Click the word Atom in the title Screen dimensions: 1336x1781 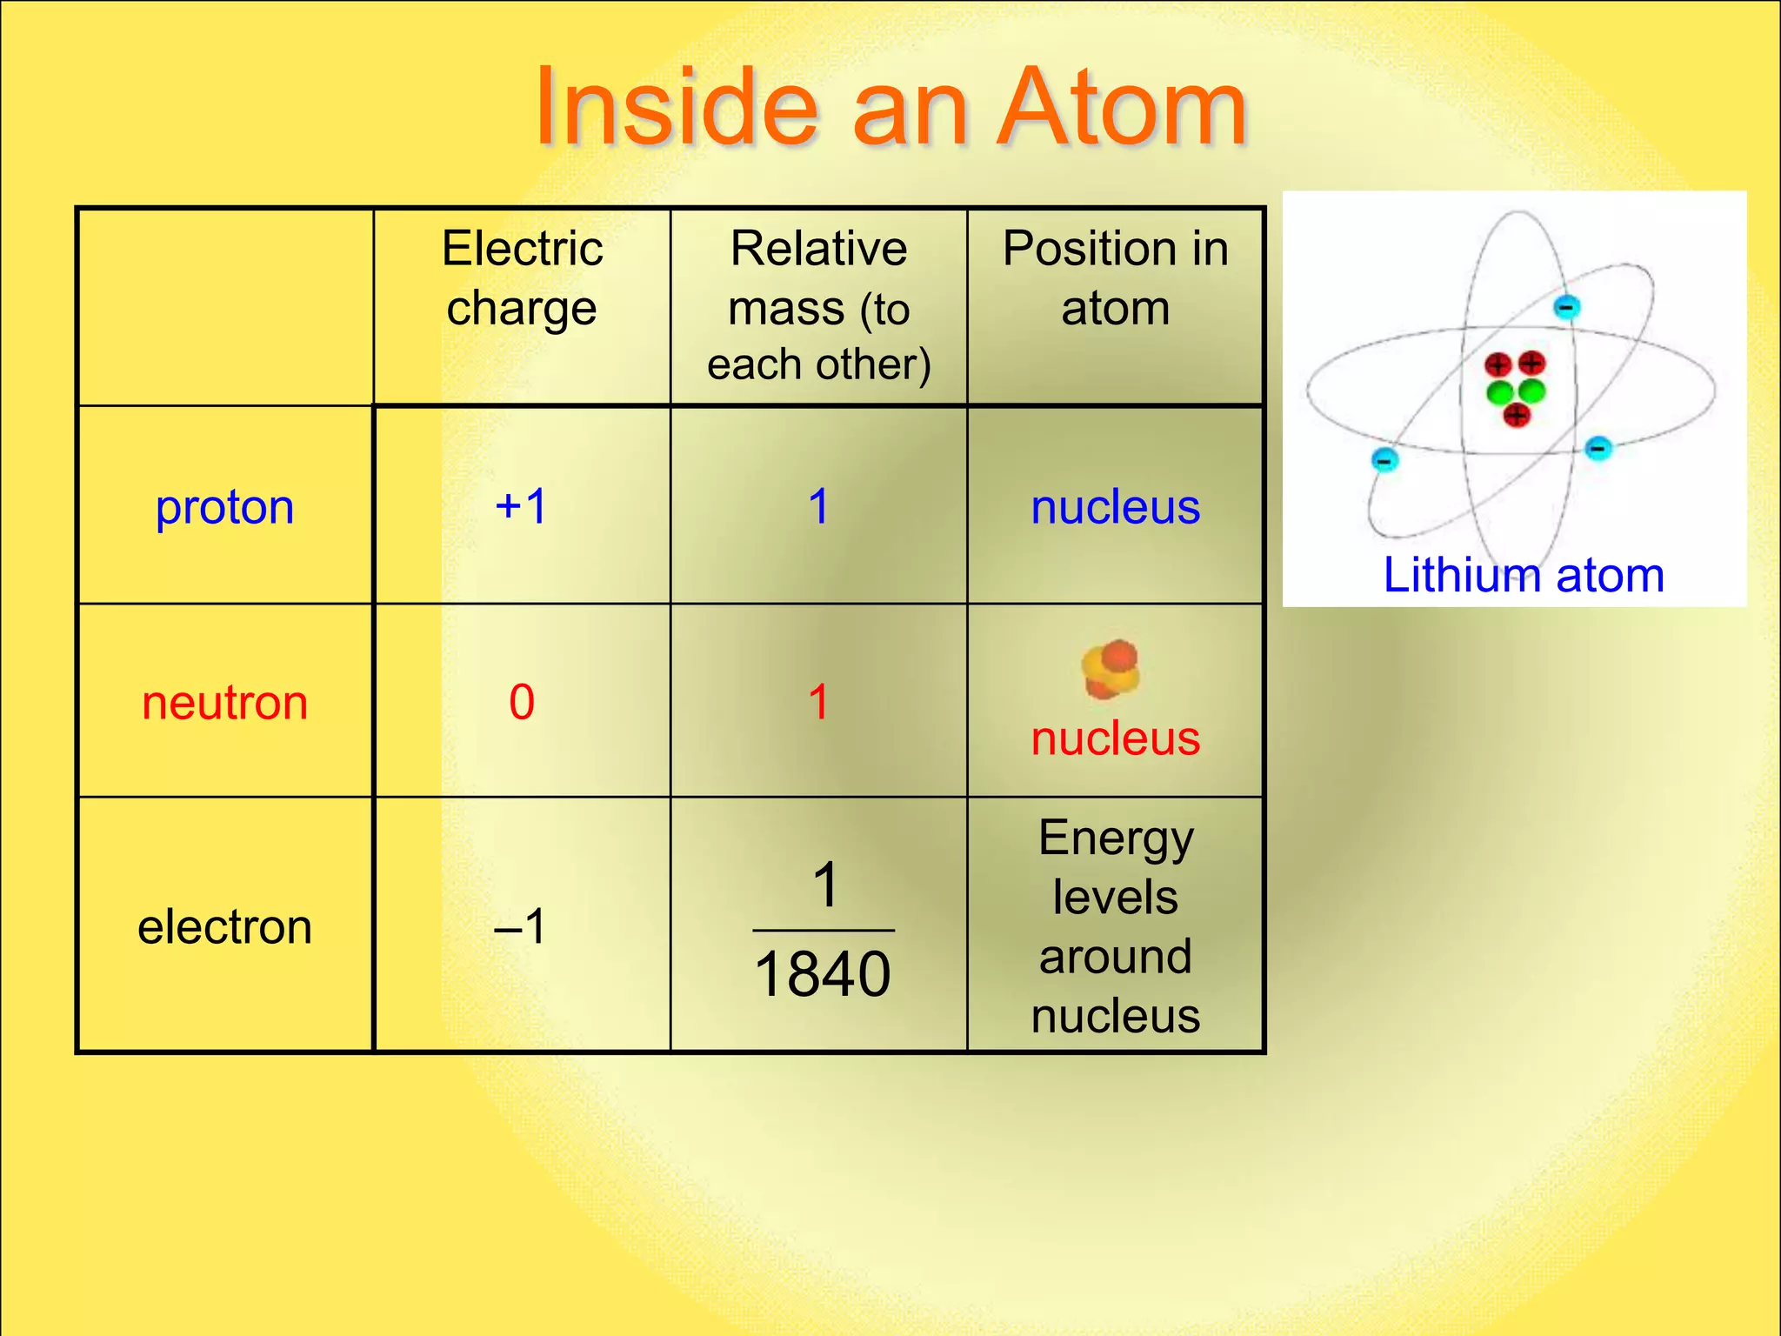[1122, 108]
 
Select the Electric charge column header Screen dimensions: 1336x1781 [522, 277]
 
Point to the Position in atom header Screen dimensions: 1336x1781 [1115, 277]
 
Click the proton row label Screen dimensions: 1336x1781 [224, 507]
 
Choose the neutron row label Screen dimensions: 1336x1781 [224, 703]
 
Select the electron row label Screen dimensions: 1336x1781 [224, 926]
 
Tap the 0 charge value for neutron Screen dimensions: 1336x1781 [521, 702]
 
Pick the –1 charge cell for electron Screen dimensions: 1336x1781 [521, 925]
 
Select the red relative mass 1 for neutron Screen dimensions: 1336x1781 [818, 702]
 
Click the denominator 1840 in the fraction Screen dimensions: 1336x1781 [823, 974]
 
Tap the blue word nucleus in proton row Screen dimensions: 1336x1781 [1115, 507]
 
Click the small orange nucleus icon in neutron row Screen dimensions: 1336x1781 [1111, 670]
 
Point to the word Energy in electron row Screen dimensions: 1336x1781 [1116, 840]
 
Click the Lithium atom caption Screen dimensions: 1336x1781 [1524, 575]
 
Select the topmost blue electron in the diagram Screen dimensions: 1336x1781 [1566, 307]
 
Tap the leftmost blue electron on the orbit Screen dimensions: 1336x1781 [1384, 458]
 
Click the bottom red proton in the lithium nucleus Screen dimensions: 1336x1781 [1517, 416]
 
